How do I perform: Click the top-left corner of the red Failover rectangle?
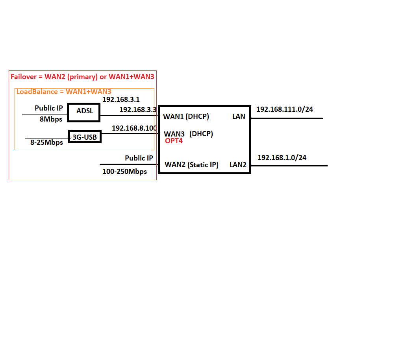(x=9, y=70)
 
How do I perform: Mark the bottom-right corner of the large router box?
(x=250, y=174)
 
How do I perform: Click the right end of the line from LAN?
(x=323, y=118)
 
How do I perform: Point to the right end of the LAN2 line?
(x=328, y=166)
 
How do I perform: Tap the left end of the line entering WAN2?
(x=100, y=164)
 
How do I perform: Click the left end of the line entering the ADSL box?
(x=22, y=114)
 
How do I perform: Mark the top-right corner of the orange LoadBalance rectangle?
(x=154, y=89)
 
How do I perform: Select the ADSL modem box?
(x=83, y=113)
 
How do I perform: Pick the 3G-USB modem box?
(x=85, y=137)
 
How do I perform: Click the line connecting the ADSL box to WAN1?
(x=129, y=116)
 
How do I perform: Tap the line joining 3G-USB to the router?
(x=130, y=133)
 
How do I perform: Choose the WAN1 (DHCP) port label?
(x=186, y=116)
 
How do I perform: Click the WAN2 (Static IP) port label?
(x=192, y=165)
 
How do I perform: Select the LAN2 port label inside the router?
(x=238, y=165)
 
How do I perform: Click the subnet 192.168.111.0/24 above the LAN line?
(x=285, y=109)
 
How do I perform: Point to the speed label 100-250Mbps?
(x=124, y=172)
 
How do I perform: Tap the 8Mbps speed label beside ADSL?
(x=51, y=120)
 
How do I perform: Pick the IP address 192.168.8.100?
(x=134, y=128)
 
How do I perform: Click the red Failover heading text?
(x=82, y=77)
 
